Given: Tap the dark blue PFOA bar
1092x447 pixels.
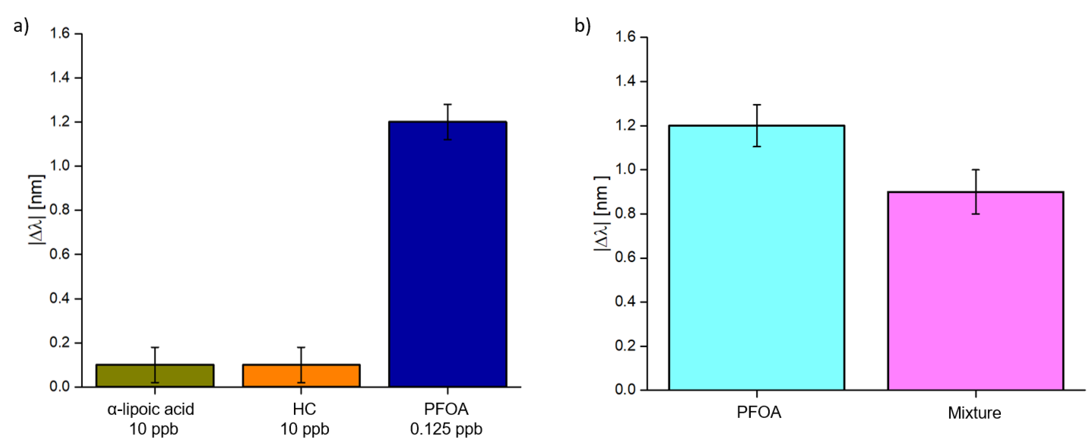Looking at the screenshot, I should coord(448,254).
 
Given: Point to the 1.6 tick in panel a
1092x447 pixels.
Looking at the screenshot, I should coord(60,33).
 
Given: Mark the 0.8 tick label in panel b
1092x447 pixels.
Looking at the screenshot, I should coord(625,213).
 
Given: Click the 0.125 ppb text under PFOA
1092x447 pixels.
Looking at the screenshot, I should coord(446,429).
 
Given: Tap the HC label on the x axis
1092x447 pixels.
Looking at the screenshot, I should coord(304,409).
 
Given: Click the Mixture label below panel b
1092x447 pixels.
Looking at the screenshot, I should coord(974,413).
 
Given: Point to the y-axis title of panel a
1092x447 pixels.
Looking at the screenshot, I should coord(36,209).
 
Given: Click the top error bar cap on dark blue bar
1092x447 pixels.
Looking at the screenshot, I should coord(448,104).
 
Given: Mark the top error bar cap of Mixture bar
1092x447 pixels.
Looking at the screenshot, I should coord(975,169).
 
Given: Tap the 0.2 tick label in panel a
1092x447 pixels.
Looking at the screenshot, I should coord(60,342).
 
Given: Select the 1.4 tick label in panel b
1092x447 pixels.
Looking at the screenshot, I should coord(625,81).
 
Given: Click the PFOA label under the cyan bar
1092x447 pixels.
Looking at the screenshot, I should coord(758,412).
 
